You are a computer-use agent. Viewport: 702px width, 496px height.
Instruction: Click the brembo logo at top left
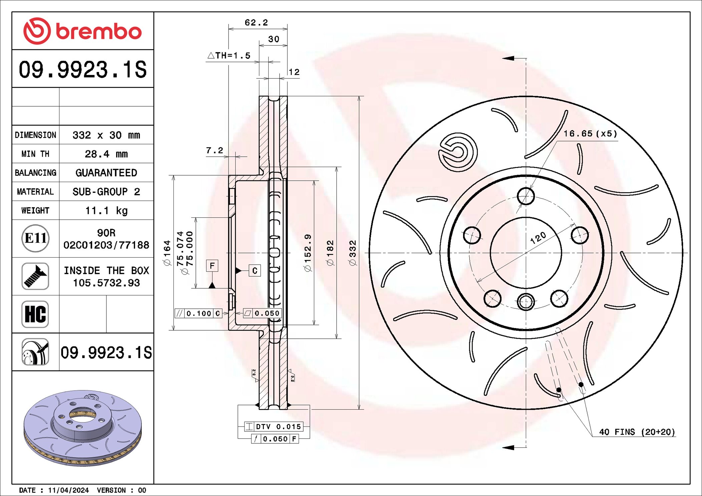point(82,31)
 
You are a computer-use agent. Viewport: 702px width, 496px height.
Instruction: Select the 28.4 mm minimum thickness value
point(106,154)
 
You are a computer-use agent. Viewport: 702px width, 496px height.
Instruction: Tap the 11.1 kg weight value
point(106,211)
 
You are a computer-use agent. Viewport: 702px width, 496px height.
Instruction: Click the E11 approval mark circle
point(35,238)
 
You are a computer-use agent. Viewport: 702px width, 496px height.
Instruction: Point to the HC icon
point(35,314)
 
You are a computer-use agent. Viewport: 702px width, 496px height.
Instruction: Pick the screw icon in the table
point(35,276)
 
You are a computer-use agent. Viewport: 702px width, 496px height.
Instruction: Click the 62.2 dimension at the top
point(256,23)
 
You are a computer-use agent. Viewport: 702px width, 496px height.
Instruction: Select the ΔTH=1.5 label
point(229,56)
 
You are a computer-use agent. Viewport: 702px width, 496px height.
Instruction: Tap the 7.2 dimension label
point(214,151)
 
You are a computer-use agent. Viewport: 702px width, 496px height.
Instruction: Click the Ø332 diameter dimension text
point(353,253)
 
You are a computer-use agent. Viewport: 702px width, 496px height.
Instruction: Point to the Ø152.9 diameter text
point(308,253)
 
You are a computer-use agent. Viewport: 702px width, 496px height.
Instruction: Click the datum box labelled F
point(212,266)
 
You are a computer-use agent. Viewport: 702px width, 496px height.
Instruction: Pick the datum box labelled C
point(255,271)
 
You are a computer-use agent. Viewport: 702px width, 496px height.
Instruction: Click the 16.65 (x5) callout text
point(590,134)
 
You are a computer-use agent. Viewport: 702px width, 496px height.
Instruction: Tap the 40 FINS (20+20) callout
point(637,432)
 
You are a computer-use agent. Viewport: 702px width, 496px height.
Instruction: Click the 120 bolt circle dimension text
point(538,238)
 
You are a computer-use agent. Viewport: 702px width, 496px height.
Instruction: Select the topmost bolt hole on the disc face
point(526,196)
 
